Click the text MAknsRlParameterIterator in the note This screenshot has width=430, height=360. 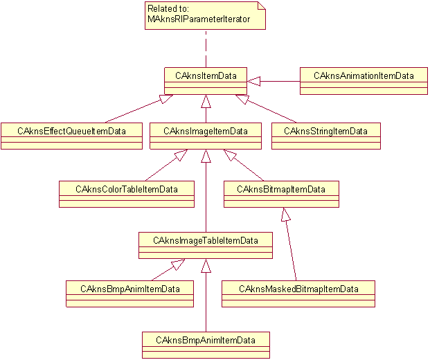[x=188, y=19]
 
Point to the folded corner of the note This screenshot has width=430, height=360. [x=261, y=6]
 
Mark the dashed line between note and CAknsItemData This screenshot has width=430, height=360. [x=206, y=48]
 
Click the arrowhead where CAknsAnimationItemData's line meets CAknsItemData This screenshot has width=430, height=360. [x=253, y=82]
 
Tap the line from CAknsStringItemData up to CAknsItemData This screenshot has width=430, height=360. [x=274, y=110]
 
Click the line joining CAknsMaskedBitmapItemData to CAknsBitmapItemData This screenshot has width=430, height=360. [x=292, y=246]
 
